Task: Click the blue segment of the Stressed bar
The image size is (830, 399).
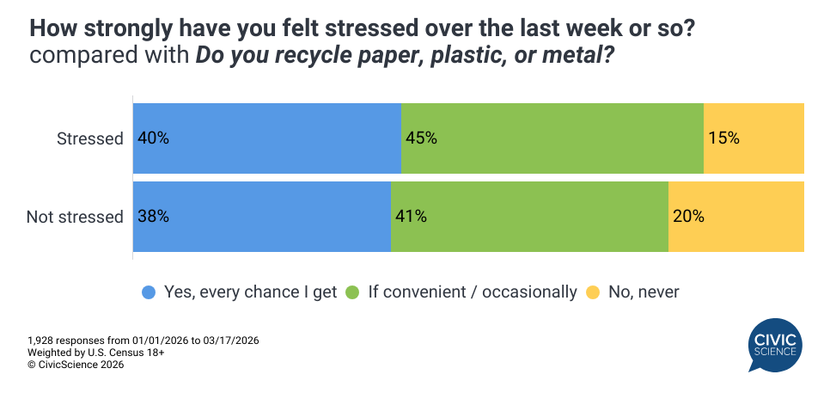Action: (267, 138)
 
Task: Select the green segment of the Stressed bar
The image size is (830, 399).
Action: (552, 138)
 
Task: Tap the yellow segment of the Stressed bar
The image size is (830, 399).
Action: (754, 138)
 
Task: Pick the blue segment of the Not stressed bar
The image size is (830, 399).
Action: (262, 217)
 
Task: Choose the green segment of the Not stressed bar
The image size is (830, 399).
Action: (529, 217)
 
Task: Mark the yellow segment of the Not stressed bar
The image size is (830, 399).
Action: (735, 217)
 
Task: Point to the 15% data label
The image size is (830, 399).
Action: (723, 138)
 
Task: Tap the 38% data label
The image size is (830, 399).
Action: (153, 217)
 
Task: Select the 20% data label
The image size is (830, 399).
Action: (688, 217)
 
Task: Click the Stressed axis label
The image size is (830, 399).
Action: (90, 138)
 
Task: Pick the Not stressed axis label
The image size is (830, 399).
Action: (75, 217)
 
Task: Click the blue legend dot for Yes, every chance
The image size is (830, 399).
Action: (149, 292)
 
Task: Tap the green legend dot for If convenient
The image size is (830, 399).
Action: (352, 292)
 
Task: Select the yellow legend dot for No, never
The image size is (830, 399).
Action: (592, 292)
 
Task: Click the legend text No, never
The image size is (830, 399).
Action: (644, 292)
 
